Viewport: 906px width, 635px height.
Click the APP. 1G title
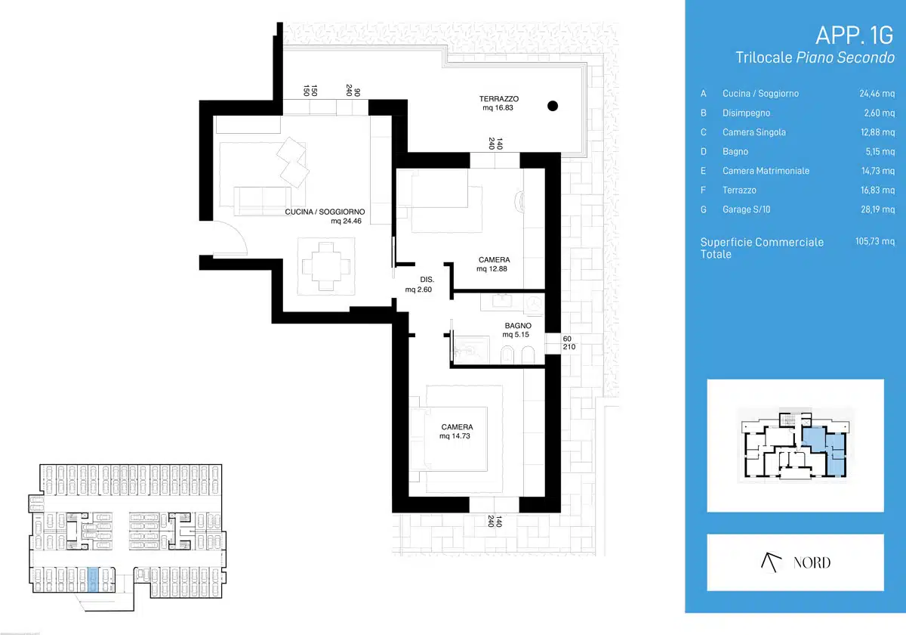854,36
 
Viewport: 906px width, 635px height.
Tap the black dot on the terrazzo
553,106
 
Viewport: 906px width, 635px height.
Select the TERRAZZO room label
499,99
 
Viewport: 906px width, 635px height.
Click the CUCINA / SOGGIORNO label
325,212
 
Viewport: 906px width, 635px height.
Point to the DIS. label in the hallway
427,280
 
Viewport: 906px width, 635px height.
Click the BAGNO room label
518,326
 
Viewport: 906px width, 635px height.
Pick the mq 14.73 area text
455,436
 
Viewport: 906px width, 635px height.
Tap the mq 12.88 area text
492,269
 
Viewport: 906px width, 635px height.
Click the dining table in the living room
326,266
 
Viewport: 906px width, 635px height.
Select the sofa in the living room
262,201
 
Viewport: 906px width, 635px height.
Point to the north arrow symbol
771,562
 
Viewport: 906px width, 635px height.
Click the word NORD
812,562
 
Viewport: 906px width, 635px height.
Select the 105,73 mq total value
875,241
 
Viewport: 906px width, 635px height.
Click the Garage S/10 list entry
746,209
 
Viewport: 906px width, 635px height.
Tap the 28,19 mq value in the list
877,209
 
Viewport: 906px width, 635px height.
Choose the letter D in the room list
704,151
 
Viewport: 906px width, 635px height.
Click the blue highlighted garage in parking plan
93,580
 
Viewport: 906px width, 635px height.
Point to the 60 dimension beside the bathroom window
567,339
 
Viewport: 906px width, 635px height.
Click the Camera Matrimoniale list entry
766,171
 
